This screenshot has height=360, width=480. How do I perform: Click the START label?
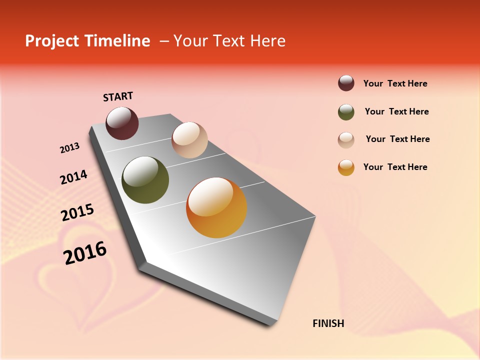[118, 96]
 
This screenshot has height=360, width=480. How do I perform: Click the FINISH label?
[328, 323]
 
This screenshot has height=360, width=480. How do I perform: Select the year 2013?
[70, 148]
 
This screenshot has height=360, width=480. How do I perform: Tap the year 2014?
[73, 177]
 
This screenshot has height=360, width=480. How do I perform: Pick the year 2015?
[77, 213]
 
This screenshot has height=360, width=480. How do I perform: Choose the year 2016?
[85, 253]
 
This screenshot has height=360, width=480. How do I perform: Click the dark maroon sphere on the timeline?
[122, 123]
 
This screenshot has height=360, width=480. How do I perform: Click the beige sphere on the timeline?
[189, 140]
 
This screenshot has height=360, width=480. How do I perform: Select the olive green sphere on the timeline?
[145, 180]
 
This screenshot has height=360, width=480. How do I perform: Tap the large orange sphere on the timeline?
[216, 207]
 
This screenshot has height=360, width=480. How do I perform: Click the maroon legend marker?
[346, 83]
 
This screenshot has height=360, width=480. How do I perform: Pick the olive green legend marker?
[346, 112]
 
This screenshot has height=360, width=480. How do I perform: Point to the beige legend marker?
[346, 140]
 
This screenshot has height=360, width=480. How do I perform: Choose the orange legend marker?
[346, 167]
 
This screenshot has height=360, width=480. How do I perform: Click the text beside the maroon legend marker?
[395, 83]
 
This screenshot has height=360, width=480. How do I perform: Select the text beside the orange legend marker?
[395, 167]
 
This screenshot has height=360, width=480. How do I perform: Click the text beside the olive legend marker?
[396, 111]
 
